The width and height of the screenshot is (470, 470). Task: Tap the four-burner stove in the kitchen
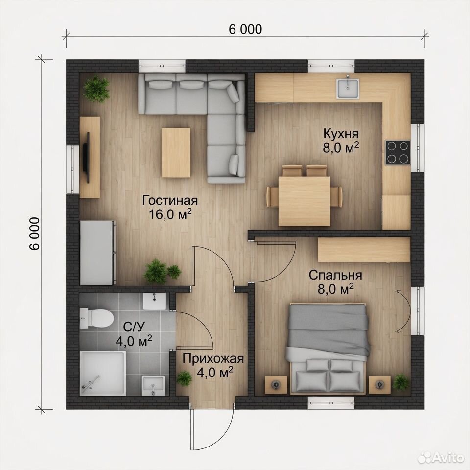coord(398,152)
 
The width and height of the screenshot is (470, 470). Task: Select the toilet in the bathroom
coord(96,318)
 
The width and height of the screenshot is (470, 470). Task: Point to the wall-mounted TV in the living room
coord(86,157)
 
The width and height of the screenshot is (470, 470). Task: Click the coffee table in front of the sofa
coord(176,153)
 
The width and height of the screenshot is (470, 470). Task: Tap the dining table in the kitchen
coord(304,201)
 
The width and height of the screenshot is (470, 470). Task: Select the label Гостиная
coord(170,200)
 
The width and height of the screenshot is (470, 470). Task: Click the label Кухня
coord(341,133)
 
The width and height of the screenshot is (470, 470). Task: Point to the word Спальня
coord(335,275)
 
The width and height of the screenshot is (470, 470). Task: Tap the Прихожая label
coord(213,358)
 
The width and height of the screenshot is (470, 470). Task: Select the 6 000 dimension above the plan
coord(245,29)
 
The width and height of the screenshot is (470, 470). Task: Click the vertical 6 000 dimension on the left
coord(34,234)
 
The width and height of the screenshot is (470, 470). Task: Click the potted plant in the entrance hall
coord(185,378)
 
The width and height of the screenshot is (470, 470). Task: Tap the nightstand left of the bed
coord(276,384)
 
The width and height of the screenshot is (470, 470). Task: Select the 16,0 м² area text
coord(170,214)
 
